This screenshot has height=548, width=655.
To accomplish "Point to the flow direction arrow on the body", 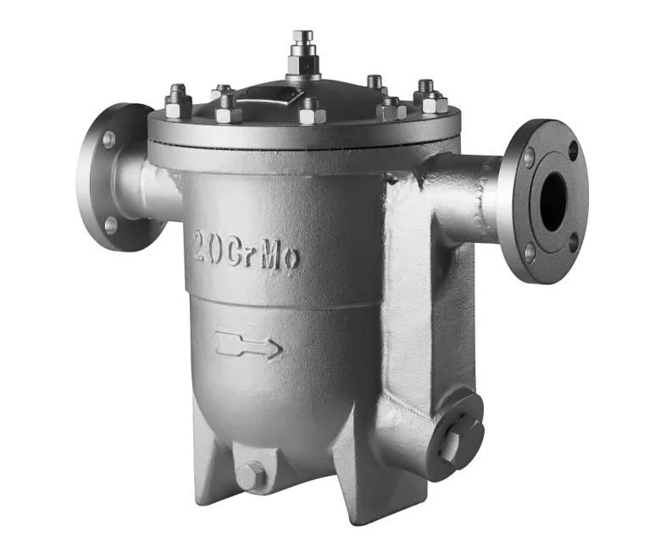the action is coord(249,345).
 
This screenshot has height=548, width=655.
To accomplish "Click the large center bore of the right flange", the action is coord(553,201).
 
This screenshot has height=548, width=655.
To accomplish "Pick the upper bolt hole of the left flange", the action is coord(108,140).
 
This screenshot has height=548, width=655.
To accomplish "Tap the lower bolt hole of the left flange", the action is coord(110,225).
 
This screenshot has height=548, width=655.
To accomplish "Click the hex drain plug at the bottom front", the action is coord(251,476).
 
